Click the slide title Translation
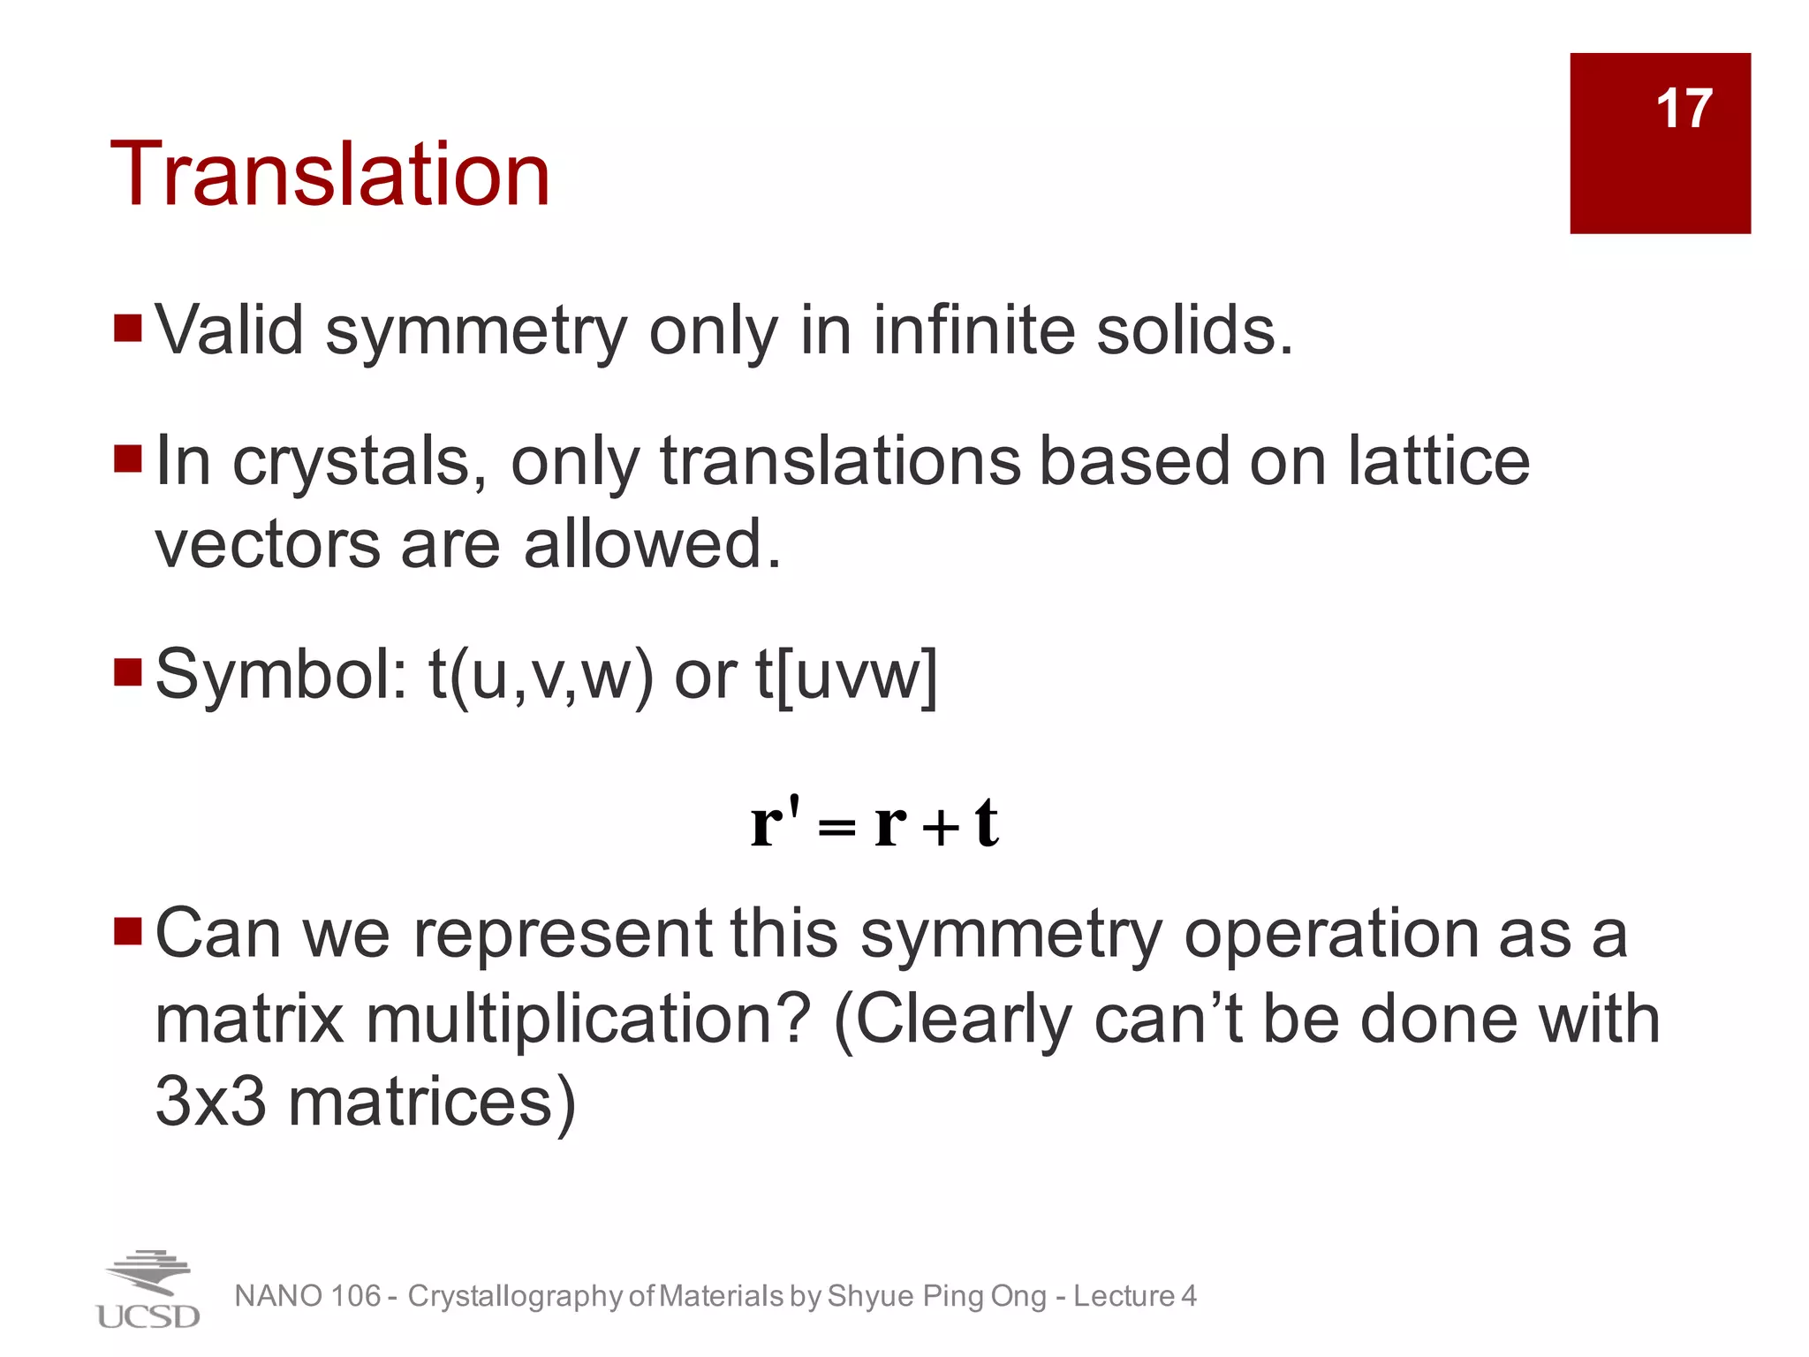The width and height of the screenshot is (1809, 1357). (x=330, y=174)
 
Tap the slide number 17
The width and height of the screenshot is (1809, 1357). (x=1684, y=109)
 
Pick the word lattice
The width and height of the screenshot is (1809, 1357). (x=1439, y=460)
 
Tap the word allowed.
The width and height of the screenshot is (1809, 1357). (x=653, y=543)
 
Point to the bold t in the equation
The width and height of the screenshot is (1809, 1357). (x=987, y=823)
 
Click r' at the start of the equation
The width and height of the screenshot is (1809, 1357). (x=775, y=822)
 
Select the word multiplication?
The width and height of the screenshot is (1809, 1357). (x=588, y=1019)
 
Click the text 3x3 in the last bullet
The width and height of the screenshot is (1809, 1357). (x=210, y=1101)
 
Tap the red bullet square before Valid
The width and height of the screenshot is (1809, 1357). (x=128, y=328)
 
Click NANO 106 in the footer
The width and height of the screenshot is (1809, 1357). (x=307, y=1296)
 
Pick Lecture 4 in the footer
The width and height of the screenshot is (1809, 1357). (x=1134, y=1296)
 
